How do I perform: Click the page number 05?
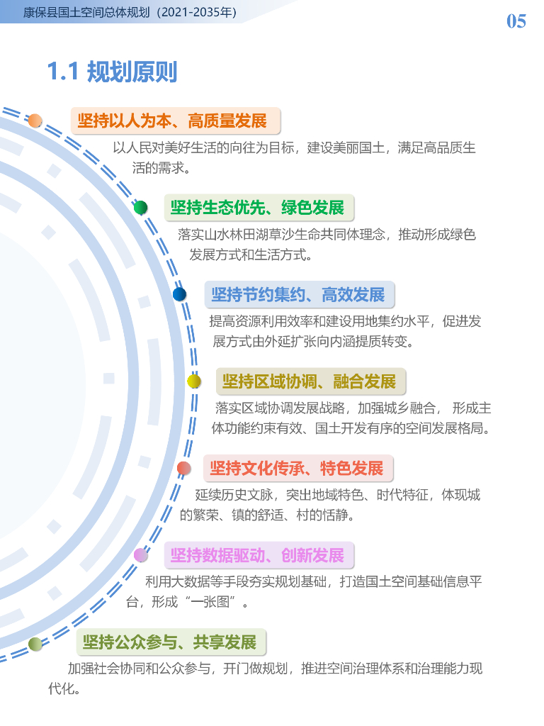[516, 21]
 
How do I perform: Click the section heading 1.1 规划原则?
[112, 72]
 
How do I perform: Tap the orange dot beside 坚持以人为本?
[35, 121]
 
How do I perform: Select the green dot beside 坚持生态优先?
[141, 208]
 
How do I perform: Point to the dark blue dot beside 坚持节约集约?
[180, 294]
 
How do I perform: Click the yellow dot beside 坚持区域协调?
[193, 381]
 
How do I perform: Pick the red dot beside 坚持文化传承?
[183, 468]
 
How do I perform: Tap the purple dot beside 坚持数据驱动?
[140, 554]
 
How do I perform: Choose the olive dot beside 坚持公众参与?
[35, 643]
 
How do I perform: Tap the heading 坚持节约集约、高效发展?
[297, 294]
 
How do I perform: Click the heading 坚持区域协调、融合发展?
[309, 381]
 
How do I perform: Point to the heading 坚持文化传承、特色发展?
[296, 468]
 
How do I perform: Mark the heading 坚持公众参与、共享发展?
[169, 642]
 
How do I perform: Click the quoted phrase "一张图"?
[217, 603]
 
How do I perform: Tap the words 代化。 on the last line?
[63, 689]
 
